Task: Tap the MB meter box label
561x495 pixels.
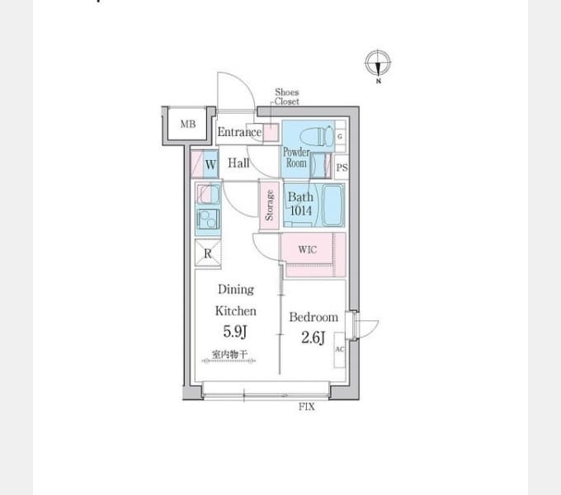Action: (188, 125)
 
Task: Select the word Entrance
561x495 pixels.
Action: (239, 132)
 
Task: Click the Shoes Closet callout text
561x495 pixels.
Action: (286, 97)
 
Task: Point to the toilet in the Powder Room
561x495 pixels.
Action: (317, 137)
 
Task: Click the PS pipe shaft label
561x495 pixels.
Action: (342, 167)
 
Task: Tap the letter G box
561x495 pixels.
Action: (340, 136)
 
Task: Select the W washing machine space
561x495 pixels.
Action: (210, 164)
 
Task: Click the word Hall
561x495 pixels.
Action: (238, 163)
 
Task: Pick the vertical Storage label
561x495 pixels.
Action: (269, 205)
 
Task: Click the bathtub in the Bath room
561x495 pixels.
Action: (333, 205)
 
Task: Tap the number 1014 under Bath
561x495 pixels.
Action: (300, 210)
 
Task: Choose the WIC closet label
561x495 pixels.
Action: (308, 249)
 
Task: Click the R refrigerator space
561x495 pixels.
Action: (208, 253)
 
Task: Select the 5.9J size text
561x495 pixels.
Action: (234, 332)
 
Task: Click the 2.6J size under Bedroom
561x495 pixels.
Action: (313, 337)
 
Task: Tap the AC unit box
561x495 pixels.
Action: (340, 350)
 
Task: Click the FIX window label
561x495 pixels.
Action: (307, 407)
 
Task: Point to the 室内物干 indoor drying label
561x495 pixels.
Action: (229, 355)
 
